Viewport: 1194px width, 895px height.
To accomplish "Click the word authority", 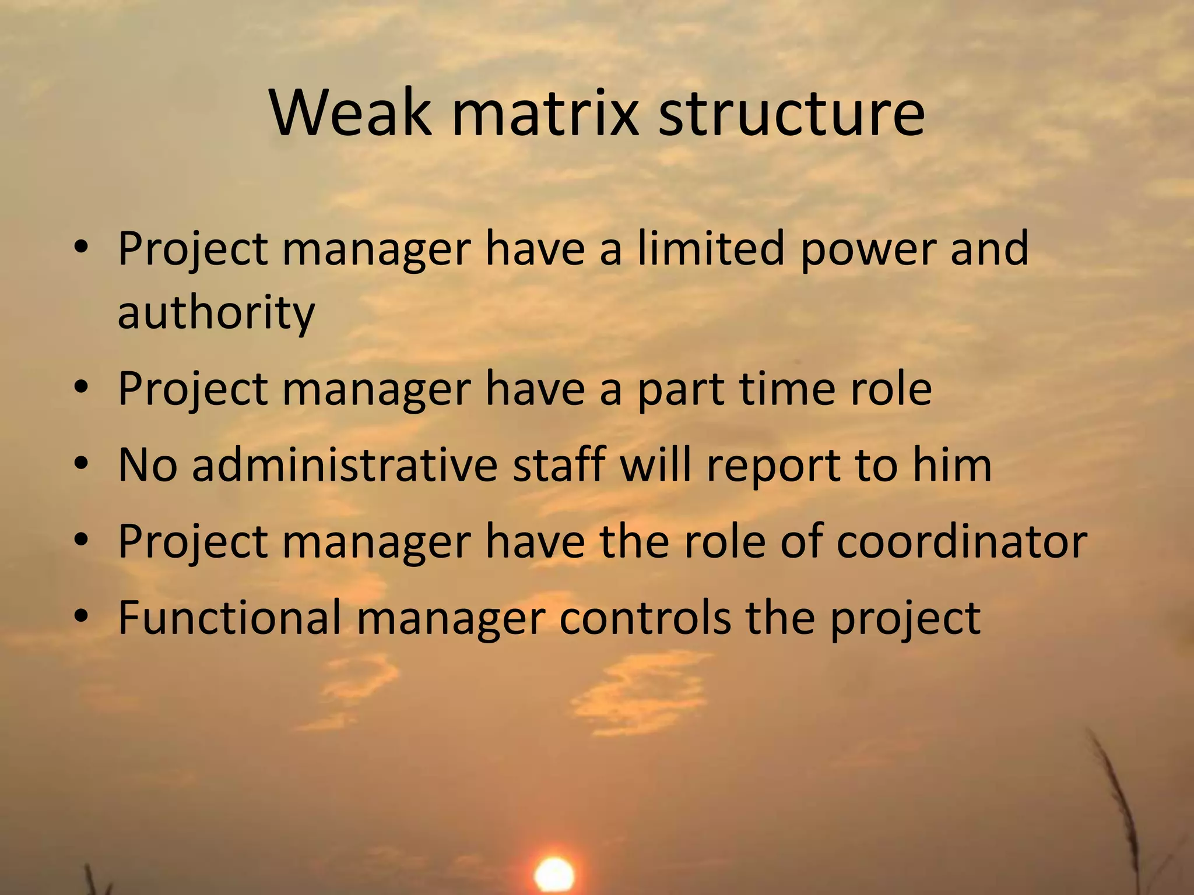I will tap(216, 312).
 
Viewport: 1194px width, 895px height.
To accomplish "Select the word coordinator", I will tap(962, 541).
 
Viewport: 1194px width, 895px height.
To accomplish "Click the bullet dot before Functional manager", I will tap(81, 616).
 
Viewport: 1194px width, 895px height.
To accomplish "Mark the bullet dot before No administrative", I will tap(81, 464).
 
